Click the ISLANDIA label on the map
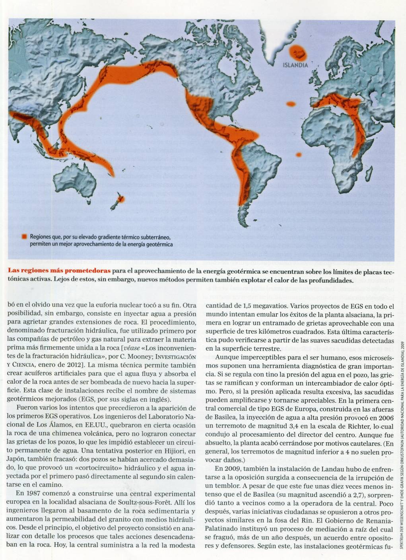[295, 65]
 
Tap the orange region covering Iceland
[296, 52]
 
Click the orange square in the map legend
[24, 237]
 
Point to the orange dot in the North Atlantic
[295, 103]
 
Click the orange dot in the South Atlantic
[298, 154]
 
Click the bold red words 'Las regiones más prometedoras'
[60, 271]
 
